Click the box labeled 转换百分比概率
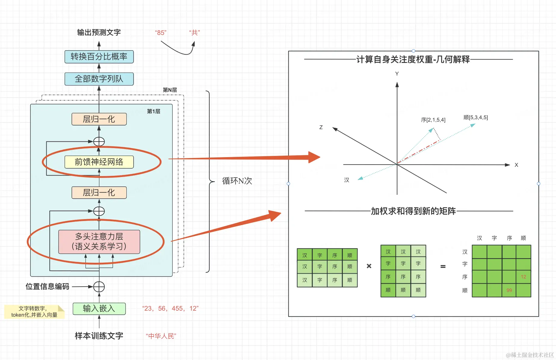point(99,57)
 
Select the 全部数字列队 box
point(99,79)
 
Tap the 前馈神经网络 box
point(99,162)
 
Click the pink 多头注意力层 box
point(99,242)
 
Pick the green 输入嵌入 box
point(99,309)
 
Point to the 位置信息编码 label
point(47,287)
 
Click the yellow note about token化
point(34,312)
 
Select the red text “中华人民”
point(161,336)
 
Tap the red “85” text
point(161,33)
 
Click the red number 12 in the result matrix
point(524,277)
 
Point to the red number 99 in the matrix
point(509,290)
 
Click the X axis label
point(516,165)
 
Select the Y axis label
point(397,74)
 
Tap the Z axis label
point(321,127)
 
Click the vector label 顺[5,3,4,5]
point(476,117)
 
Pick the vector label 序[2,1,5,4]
point(433,120)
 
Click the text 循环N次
point(237,181)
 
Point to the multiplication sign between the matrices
point(369,266)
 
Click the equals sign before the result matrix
point(443,266)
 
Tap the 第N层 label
point(170,90)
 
